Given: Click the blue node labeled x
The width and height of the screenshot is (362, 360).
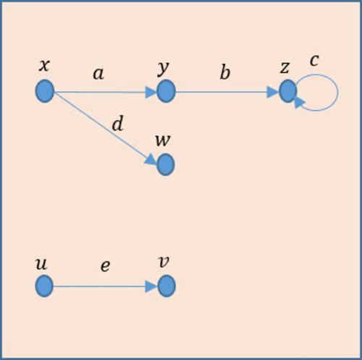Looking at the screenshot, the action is [x=45, y=91].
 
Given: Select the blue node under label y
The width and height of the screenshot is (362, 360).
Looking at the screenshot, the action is [x=166, y=91].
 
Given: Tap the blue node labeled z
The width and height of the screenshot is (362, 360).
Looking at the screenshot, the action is [x=288, y=91].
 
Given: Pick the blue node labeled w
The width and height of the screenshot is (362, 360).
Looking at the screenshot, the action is [x=166, y=164].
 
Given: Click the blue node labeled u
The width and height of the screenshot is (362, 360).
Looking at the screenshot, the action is [x=44, y=286].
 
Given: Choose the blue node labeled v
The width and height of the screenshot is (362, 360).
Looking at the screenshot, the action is [x=167, y=286].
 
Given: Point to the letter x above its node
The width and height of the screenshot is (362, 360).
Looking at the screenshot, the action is [x=44, y=65].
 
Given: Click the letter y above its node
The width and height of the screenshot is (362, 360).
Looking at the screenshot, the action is [x=163, y=69].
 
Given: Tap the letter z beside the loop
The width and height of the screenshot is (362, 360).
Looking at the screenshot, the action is [x=285, y=67].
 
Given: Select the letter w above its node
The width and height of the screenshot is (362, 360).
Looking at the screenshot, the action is [x=163, y=141].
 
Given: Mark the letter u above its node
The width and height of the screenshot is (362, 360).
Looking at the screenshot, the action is [x=41, y=264].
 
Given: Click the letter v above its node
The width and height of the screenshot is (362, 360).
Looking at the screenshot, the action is [x=164, y=262].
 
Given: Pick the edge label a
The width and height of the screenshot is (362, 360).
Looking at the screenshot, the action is [x=98, y=74].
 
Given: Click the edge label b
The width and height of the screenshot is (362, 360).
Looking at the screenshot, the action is [x=225, y=72].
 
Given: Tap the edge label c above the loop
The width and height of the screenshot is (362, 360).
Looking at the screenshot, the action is [x=314, y=61].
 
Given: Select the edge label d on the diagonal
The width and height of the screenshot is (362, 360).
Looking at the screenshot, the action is [x=118, y=123].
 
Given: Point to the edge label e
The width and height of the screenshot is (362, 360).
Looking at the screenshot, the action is [x=105, y=267].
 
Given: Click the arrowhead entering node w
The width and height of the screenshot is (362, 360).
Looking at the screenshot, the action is [x=151, y=159].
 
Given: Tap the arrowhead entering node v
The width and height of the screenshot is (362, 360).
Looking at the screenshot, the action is [x=151, y=287].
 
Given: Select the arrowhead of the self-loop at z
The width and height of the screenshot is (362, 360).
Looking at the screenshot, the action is [x=300, y=103].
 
